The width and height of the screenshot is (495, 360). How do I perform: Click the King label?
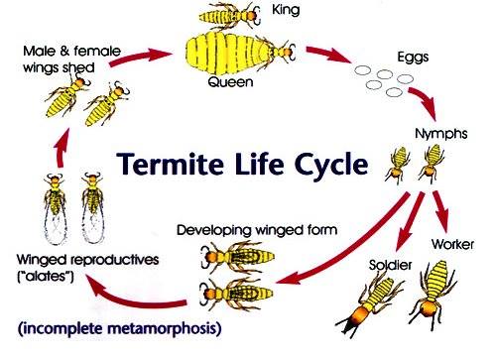pos(286,10)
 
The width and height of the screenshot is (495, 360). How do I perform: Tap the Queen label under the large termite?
pos(230,81)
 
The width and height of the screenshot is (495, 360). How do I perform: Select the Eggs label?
pos(413,58)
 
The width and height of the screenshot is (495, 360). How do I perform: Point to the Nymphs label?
pos(441,134)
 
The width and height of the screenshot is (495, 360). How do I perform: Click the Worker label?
pos(452,244)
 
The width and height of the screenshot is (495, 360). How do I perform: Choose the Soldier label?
pos(390,265)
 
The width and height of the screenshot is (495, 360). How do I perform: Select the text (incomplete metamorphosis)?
pos(119,329)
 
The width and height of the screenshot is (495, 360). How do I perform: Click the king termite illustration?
pos(229,15)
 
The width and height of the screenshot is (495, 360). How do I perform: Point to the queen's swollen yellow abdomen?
pos(228,55)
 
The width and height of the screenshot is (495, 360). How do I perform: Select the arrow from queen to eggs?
pos(328,55)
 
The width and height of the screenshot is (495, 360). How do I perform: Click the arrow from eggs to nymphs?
pos(424,103)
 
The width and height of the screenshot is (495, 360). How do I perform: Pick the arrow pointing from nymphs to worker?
pos(441,211)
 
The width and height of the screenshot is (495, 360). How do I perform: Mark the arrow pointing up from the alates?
pos(62,148)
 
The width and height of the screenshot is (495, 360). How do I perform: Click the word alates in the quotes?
pos(46,276)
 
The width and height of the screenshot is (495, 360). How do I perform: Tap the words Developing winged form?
pos(257,230)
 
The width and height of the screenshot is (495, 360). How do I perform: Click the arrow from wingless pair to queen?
pos(141,57)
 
